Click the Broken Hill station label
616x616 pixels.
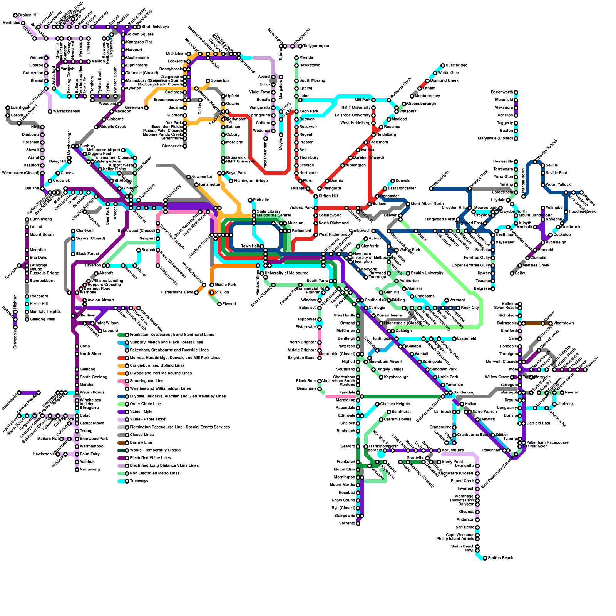click(x=28, y=15)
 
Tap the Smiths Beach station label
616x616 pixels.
click(x=500, y=558)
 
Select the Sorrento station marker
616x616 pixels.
click(x=358, y=524)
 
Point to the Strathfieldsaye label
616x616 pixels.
click(x=155, y=27)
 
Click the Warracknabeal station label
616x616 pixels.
click(x=66, y=112)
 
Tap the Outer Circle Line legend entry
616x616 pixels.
click(x=145, y=404)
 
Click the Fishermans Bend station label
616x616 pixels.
click(x=177, y=293)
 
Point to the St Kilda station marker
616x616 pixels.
click(x=211, y=293)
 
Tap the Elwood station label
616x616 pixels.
click(x=229, y=304)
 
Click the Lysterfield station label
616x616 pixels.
click(x=467, y=339)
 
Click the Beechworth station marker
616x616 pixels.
click(x=516, y=92)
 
